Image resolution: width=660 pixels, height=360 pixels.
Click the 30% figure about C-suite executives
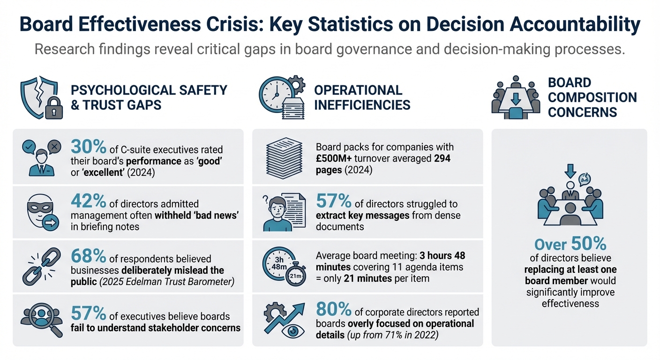pos(89,147)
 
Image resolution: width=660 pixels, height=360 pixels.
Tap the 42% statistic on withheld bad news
pos(89,201)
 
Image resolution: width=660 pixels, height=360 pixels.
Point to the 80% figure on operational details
pos(334,309)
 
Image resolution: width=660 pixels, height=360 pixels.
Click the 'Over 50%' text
pos(570,244)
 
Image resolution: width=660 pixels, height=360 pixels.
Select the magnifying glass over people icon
pos(42,321)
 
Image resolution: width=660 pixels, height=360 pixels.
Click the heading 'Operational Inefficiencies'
pos(362,97)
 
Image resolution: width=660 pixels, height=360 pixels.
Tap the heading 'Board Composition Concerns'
pos(592,97)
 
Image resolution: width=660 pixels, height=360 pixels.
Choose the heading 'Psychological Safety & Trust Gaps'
pos(149,97)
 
